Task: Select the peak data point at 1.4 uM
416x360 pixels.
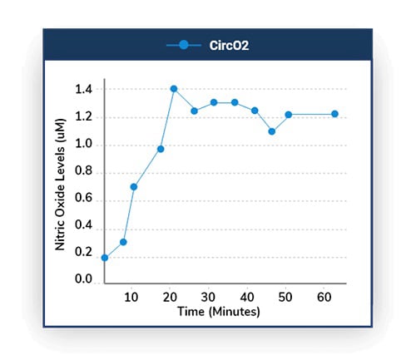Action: coord(174,89)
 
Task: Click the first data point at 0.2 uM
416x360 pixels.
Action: coord(105,258)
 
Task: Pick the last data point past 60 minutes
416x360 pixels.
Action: coord(335,114)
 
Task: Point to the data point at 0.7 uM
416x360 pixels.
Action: coord(133,186)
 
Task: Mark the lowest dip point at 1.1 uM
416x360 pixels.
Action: coord(272,131)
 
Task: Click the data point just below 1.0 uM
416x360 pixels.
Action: coord(161,149)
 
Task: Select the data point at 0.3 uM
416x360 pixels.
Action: coord(123,242)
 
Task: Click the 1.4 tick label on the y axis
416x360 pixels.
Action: coord(84,89)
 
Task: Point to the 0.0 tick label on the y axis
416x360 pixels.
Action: coord(84,280)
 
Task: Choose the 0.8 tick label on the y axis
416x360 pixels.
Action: coord(84,173)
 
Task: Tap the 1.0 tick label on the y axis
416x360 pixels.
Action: coord(84,145)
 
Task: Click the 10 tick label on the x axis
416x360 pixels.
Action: coord(131,297)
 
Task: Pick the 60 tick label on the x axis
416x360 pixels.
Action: coord(322,297)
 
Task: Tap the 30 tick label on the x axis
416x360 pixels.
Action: coord(208,297)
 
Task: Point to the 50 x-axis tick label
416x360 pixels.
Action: coord(284,297)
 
